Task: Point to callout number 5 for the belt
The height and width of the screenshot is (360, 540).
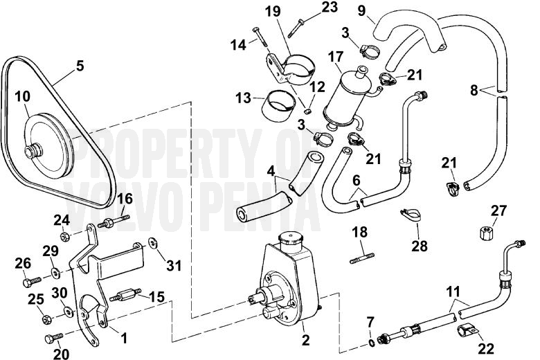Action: [x=80, y=66]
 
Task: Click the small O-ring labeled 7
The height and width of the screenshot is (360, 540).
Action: [x=371, y=341]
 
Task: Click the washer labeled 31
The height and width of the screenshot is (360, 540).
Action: [x=153, y=244]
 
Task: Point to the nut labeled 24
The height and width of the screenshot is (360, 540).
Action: [x=64, y=237]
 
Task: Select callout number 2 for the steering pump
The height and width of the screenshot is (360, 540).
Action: [x=305, y=341]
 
